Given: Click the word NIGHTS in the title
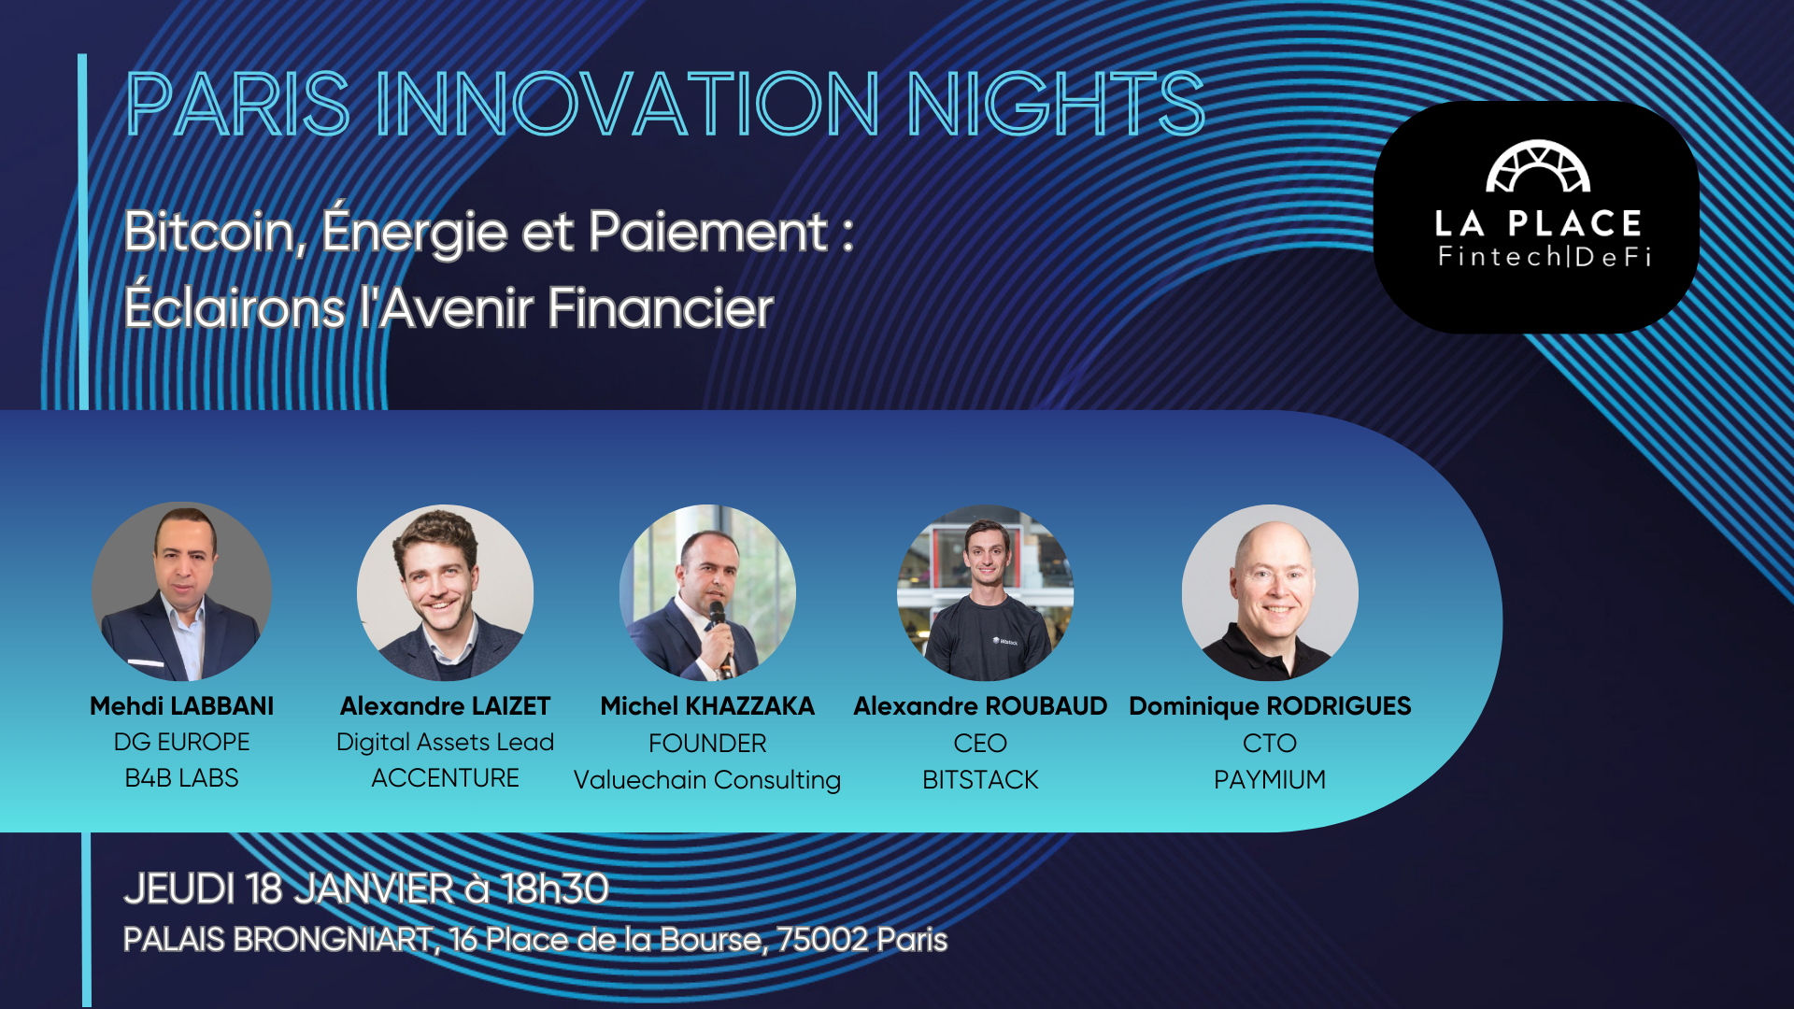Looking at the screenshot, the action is [x=1056, y=104].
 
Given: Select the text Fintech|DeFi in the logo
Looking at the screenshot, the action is [x=1545, y=256].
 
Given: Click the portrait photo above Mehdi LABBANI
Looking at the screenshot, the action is [x=182, y=591].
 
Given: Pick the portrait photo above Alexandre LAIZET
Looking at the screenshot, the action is [x=445, y=592].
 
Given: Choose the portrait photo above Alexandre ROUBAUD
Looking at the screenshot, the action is [x=985, y=592].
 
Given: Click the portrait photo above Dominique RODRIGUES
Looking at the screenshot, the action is [x=1270, y=592].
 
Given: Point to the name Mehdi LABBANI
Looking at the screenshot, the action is [x=182, y=706].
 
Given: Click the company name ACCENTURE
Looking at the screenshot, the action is [x=445, y=778].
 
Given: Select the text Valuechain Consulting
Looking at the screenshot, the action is [x=707, y=780].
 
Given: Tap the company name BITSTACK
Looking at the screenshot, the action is [x=980, y=780].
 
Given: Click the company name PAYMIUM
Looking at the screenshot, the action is [x=1270, y=779].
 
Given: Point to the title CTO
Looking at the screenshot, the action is [x=1270, y=744].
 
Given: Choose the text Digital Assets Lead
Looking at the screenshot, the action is [x=445, y=743].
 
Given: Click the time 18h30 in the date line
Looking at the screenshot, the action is [x=555, y=888].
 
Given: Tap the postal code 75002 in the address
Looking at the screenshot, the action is [x=822, y=940].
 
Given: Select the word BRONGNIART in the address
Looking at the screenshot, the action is [x=332, y=940].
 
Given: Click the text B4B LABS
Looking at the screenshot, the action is [x=182, y=778].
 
